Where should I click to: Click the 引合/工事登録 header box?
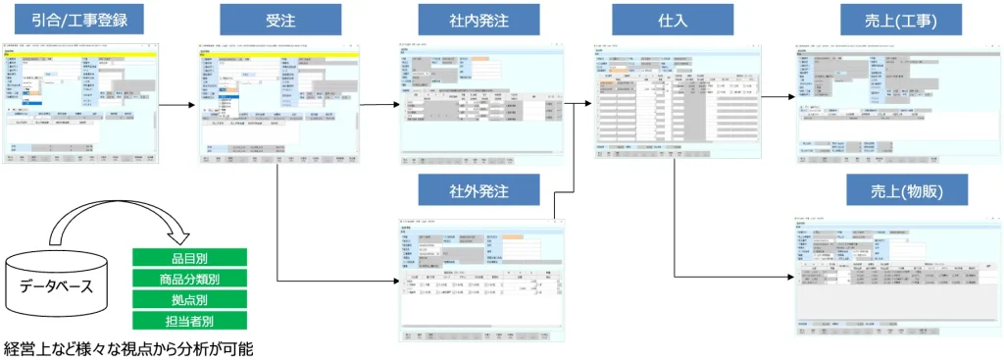pyautogui.click(x=81, y=19)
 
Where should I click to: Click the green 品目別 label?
pyautogui.click(x=189, y=259)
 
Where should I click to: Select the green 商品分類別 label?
pyautogui.click(x=189, y=280)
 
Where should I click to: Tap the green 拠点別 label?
pyautogui.click(x=189, y=299)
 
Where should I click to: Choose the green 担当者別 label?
pyautogui.click(x=189, y=320)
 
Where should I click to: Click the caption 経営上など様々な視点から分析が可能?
pyautogui.click(x=128, y=348)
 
